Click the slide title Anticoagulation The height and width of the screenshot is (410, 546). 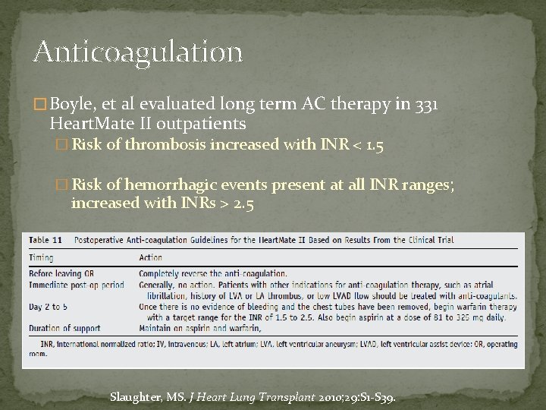click(x=137, y=52)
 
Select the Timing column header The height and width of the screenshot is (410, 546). click(x=42, y=257)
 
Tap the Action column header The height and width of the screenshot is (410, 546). click(x=150, y=257)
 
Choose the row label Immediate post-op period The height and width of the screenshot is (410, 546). click(x=76, y=284)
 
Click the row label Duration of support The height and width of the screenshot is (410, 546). click(x=66, y=327)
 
